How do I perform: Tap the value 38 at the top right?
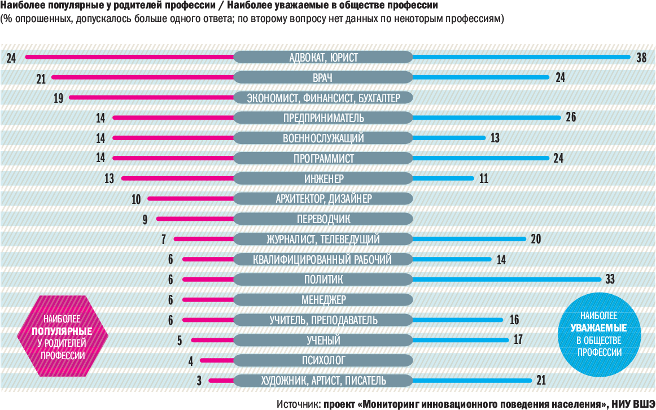point(641,57)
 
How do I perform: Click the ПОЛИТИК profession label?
point(323,280)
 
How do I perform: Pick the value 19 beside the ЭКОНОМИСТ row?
point(59,98)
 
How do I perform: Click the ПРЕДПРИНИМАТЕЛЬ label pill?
point(323,118)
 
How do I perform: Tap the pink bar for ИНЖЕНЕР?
point(177,178)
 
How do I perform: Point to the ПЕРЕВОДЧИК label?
point(323,219)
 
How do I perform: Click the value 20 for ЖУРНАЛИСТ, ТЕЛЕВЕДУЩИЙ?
point(536,239)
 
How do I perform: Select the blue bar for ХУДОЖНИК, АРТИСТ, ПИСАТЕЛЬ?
point(472,381)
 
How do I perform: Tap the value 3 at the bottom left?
point(199,381)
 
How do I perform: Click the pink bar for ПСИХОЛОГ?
point(217,360)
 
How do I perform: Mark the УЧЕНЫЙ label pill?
point(323,340)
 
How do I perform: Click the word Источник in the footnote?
point(299,404)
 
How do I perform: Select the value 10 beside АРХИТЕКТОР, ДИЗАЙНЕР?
point(137,199)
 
